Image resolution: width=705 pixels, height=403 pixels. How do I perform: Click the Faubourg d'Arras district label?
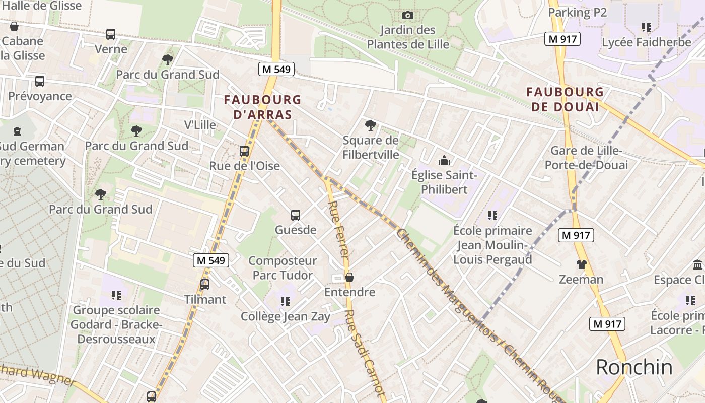(x=262, y=107)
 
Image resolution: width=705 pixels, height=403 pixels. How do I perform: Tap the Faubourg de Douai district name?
(x=565, y=99)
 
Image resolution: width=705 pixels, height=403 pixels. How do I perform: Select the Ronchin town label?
(x=634, y=367)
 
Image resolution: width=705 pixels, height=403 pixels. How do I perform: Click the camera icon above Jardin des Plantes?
(x=408, y=16)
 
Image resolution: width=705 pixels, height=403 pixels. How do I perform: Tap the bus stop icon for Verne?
(x=111, y=34)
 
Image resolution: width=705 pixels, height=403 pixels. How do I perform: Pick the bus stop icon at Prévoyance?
(x=40, y=81)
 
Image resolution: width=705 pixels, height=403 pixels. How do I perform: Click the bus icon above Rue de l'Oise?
(x=244, y=151)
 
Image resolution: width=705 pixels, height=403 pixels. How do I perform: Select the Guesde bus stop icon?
(x=296, y=215)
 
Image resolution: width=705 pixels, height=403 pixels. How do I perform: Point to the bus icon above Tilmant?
(x=205, y=284)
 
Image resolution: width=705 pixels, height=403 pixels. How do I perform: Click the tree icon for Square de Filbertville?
(x=371, y=125)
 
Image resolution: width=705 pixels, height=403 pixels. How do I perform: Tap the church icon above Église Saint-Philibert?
(x=444, y=160)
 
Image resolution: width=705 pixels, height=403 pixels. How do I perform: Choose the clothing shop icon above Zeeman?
(x=581, y=264)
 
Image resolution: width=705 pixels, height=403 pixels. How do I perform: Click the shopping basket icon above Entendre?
(x=349, y=277)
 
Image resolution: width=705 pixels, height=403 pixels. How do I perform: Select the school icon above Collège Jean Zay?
(x=286, y=301)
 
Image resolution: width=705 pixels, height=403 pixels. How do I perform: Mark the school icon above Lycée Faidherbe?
(x=647, y=27)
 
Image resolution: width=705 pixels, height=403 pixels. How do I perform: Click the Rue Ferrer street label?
(x=338, y=230)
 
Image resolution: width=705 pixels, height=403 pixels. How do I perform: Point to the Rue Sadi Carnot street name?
(x=365, y=353)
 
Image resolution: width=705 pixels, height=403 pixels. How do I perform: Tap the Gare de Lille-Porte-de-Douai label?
(x=586, y=158)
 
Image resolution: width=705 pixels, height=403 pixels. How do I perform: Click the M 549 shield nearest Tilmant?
(x=211, y=260)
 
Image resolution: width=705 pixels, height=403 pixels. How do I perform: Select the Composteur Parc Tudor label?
(x=283, y=268)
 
